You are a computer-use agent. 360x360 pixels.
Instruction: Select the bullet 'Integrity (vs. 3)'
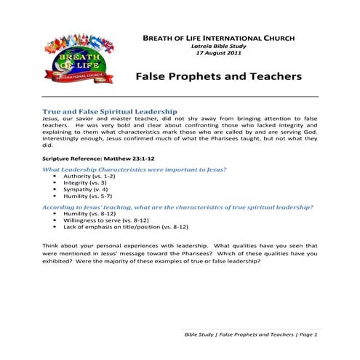point(85,183)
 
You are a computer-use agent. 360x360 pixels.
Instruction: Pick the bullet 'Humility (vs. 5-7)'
point(87,196)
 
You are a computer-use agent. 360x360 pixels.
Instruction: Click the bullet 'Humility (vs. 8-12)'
point(89,215)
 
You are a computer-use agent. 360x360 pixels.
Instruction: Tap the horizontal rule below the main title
point(180,96)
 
